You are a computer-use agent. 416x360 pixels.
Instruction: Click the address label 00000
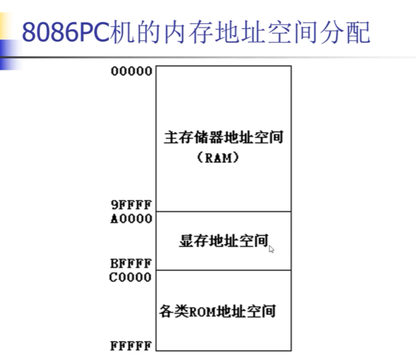131,72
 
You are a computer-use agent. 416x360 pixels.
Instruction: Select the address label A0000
131,218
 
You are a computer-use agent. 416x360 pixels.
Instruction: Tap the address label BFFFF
131,264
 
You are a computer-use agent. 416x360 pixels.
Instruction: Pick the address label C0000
131,277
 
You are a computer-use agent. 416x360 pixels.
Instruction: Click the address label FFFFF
131,346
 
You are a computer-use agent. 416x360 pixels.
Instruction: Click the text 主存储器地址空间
223,138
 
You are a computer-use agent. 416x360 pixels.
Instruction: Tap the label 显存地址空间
223,241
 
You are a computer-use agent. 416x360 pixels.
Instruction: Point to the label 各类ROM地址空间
218,311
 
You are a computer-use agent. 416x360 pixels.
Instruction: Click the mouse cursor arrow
271,249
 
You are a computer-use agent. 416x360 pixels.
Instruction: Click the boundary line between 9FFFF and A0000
223,212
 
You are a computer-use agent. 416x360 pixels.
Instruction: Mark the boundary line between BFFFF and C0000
223,270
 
